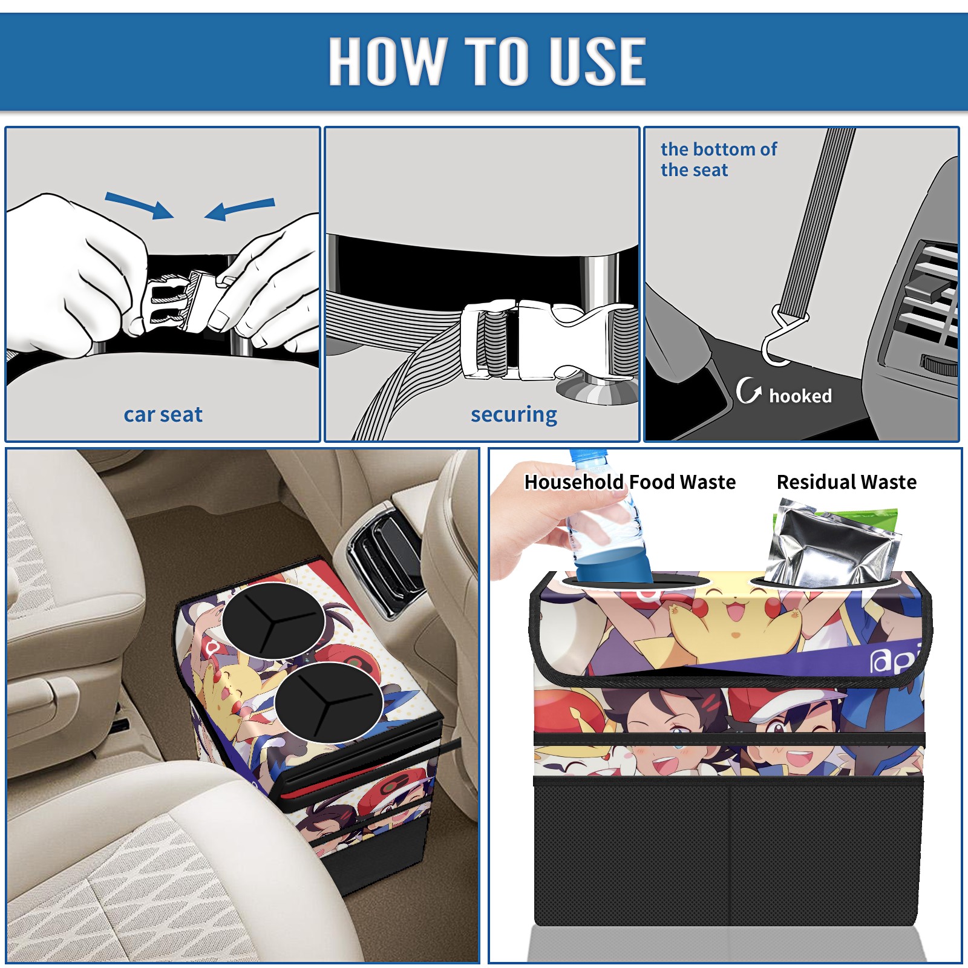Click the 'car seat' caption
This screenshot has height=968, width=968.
[163, 414]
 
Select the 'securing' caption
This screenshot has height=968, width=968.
[514, 414]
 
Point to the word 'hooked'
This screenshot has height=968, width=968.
[800, 396]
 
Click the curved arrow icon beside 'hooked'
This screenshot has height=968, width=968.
[748, 390]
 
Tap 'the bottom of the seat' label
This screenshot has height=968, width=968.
[718, 159]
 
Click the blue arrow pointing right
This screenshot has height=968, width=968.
[139, 205]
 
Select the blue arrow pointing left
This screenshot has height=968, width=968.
[240, 209]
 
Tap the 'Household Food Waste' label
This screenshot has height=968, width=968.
[630, 482]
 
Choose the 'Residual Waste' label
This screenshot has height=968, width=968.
[846, 482]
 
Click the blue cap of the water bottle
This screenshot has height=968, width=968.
[587, 455]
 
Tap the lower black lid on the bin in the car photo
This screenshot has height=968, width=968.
[329, 702]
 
